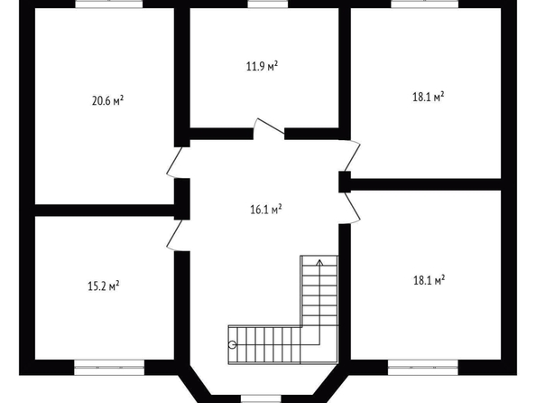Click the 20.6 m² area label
(107, 101)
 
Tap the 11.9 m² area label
(262, 66)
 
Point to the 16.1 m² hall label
(266, 210)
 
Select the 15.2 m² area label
(104, 286)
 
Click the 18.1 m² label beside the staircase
(429, 281)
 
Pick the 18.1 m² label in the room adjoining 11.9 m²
(429, 97)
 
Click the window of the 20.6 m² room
(109, 4)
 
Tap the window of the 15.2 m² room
(109, 368)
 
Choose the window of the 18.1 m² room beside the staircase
(423, 368)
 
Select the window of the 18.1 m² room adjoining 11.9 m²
(425, 4)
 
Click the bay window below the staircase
(261, 398)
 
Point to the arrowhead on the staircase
(319, 263)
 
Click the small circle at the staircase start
(232, 344)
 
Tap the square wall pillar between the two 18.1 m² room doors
(345, 182)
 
